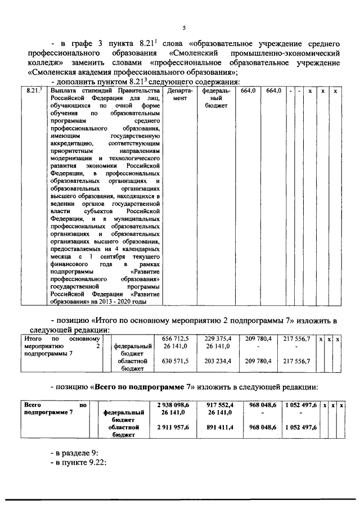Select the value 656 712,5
tap(175, 339)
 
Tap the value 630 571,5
tap(175, 361)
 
